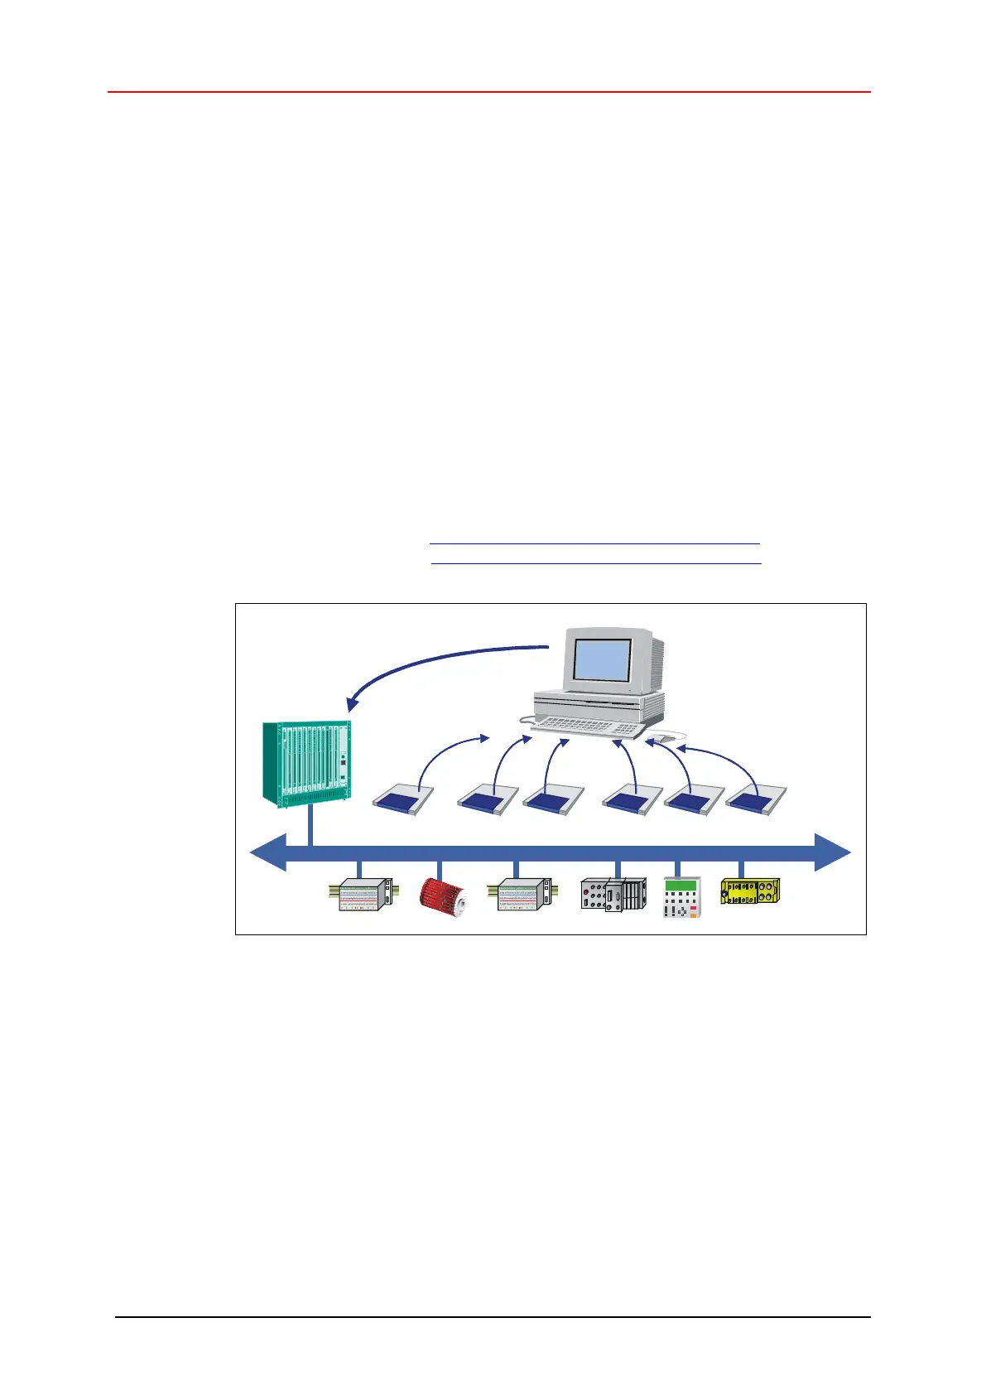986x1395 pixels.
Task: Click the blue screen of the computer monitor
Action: coord(603,660)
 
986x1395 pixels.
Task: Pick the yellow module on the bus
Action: coord(750,891)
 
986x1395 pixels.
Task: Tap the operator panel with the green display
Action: coord(681,897)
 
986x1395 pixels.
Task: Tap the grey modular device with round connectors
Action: coord(613,895)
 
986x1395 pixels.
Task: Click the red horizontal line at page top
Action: coord(488,92)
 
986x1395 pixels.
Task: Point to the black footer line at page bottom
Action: coord(493,1316)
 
